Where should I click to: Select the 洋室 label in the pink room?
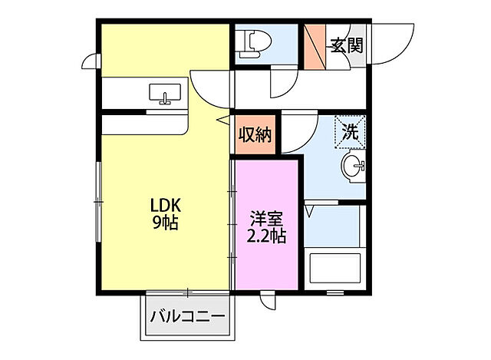pyautogui.click(x=265, y=218)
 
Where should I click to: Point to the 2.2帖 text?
pyautogui.click(x=265, y=236)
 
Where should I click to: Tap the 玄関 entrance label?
pyautogui.click(x=346, y=45)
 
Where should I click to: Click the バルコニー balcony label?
pyautogui.click(x=187, y=315)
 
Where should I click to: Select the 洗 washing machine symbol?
pyautogui.click(x=350, y=131)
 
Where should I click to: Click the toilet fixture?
pyautogui.click(x=249, y=43)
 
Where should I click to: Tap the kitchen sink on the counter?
pyautogui.click(x=165, y=94)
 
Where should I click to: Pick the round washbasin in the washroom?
pyautogui.click(x=353, y=166)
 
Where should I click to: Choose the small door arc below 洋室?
pyautogui.click(x=268, y=302)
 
